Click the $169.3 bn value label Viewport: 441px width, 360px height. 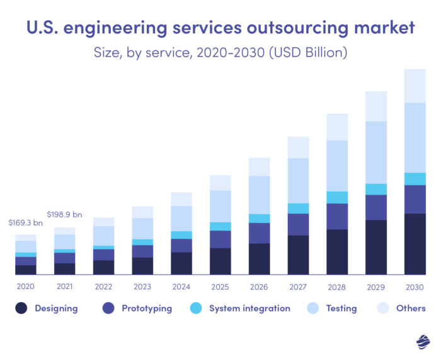point(25,223)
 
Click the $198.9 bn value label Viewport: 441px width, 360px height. point(64,215)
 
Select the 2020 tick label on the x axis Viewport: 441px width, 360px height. point(25,286)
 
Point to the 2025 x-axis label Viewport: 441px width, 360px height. point(220,286)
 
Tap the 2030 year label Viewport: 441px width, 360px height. point(415,286)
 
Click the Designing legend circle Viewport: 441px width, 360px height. point(22,308)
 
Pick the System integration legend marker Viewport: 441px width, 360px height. point(196,308)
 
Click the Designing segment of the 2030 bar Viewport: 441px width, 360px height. point(415,244)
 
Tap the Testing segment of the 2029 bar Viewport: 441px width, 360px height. point(376,152)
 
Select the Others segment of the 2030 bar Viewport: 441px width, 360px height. point(415,86)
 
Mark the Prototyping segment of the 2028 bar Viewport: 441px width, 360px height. point(337,216)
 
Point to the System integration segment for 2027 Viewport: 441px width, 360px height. point(298,208)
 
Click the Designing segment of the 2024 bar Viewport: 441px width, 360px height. point(181,263)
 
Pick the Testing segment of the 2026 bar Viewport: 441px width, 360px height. point(259,194)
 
